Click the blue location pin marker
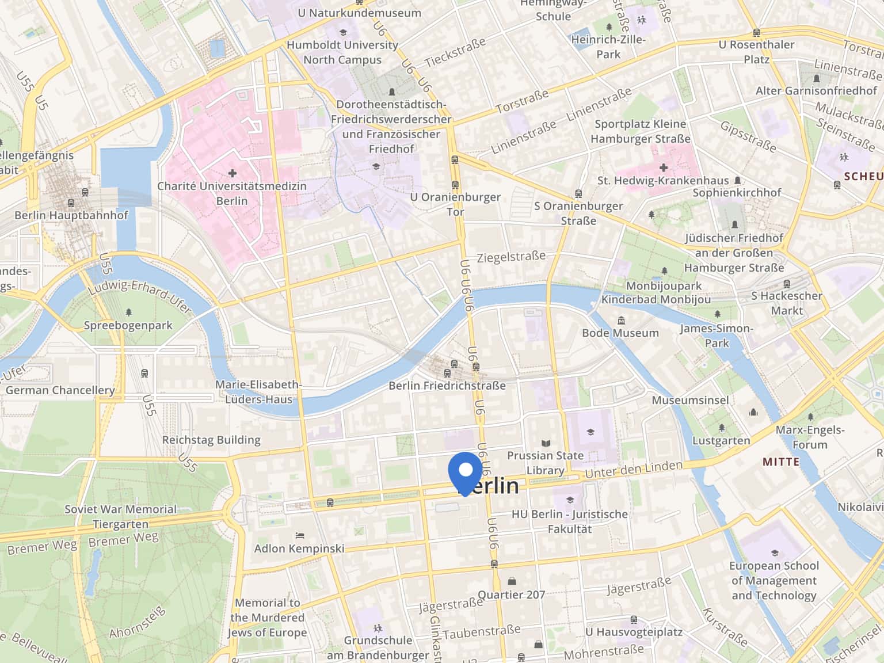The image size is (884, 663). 465,471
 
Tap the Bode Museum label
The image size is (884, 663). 620,333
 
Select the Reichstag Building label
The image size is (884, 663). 211,440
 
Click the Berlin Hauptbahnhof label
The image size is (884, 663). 71,215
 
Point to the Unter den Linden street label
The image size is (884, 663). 633,469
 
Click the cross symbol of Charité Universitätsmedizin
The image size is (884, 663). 233,173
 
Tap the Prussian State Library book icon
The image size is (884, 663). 546,443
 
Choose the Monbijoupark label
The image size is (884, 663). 664,286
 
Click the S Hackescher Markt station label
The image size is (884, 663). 786,303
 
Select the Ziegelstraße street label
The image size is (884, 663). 511,257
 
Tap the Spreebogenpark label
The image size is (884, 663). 128,326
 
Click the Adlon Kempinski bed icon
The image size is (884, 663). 299,536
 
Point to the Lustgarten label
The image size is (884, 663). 721,441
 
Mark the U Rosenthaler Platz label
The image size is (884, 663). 756,52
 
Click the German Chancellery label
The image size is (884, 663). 60,390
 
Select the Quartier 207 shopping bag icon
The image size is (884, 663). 512,581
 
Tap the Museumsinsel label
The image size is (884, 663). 690,400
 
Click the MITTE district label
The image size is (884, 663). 781,462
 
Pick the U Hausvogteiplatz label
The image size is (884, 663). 634,632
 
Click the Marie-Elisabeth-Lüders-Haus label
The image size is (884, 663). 258,392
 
